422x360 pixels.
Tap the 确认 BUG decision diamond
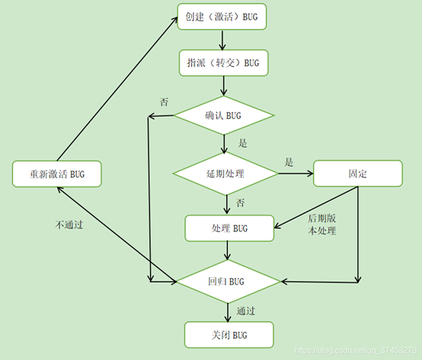click(x=224, y=116)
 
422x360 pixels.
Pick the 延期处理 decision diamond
click(x=225, y=174)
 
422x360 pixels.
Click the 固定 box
click(x=357, y=174)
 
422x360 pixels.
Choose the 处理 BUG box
click(x=229, y=228)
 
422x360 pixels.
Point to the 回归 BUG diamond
click(x=228, y=282)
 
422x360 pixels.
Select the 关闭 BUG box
click(x=229, y=334)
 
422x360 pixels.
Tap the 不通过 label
click(x=69, y=225)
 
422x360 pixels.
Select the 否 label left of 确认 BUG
click(x=164, y=101)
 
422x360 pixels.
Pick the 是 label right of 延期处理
click(x=289, y=161)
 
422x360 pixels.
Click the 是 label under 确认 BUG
click(x=243, y=143)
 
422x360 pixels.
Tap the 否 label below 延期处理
click(x=240, y=202)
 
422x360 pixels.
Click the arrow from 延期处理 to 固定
click(x=296, y=174)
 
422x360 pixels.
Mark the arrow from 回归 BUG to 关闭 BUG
click(x=228, y=311)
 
